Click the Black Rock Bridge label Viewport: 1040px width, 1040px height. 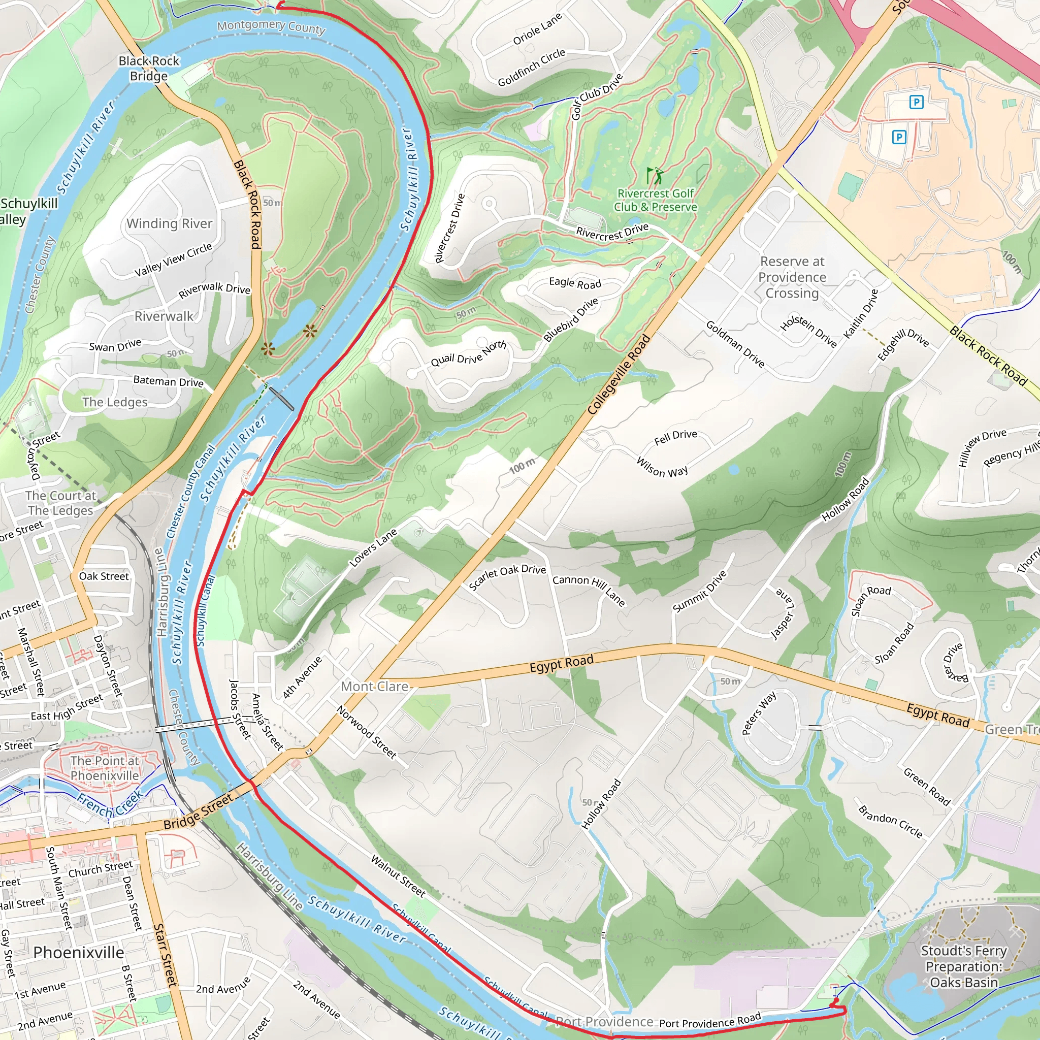(149, 69)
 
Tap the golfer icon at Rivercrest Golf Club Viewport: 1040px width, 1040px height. (654, 176)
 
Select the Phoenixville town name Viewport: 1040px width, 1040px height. (79, 952)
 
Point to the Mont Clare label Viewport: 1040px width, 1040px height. (375, 687)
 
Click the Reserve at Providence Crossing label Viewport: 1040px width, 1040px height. (792, 277)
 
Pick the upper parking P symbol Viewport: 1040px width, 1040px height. (916, 102)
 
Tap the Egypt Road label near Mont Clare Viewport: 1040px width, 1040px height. (562, 663)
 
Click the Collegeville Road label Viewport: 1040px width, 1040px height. (619, 375)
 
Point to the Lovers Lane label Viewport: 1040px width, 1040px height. (373, 547)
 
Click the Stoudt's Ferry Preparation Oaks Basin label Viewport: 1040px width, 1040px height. (963, 966)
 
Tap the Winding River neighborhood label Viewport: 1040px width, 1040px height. (169, 223)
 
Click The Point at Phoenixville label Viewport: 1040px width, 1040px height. (105, 768)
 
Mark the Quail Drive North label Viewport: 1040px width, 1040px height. (468, 353)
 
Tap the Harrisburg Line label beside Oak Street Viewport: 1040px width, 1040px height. (161, 592)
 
